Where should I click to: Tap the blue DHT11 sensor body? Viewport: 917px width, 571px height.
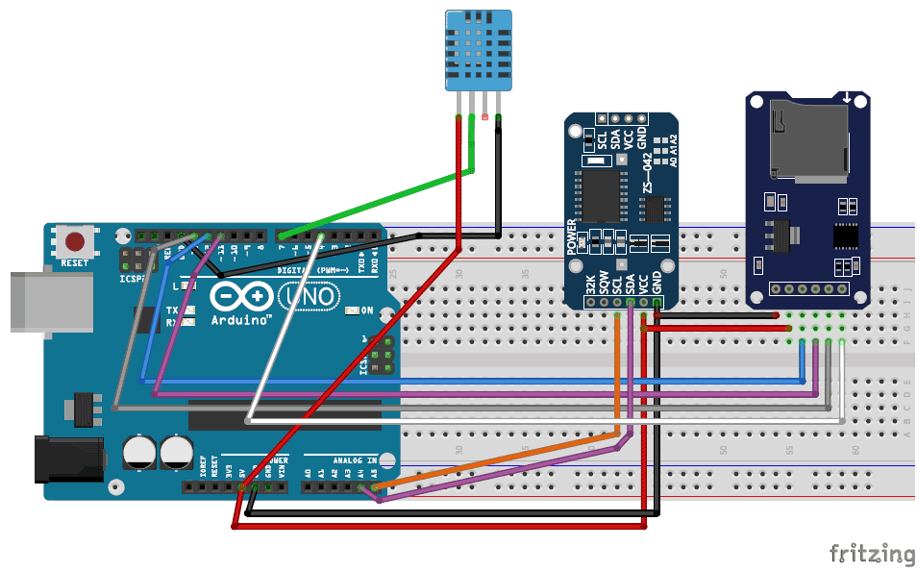pyautogui.click(x=477, y=49)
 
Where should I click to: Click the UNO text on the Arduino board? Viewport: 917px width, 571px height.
pyautogui.click(x=312, y=297)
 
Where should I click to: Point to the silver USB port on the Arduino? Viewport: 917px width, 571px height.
pyautogui.click(x=48, y=305)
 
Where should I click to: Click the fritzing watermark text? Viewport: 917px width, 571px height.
pyautogui.click(x=872, y=554)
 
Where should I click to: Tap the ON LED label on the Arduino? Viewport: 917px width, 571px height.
pyautogui.click(x=365, y=310)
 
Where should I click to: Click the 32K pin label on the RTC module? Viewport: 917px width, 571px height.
pyautogui.click(x=589, y=285)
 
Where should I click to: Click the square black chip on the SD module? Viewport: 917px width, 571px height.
pyautogui.click(x=846, y=236)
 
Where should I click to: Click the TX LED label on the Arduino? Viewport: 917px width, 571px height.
pyautogui.click(x=171, y=310)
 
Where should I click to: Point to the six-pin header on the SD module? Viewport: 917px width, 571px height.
pyautogui.click(x=808, y=287)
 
